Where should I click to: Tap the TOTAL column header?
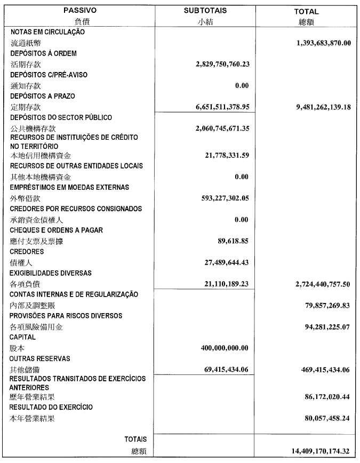(x=306, y=11)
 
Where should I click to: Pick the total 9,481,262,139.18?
(x=319, y=107)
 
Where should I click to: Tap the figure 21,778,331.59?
(x=227, y=155)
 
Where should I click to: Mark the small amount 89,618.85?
(x=232, y=241)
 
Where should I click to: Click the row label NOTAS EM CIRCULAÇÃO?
(x=48, y=32)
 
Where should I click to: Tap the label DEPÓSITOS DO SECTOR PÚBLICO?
(x=61, y=117)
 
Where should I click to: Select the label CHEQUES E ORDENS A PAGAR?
(x=57, y=230)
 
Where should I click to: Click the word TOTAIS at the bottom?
(x=135, y=439)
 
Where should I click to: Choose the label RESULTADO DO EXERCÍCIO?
(x=52, y=407)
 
